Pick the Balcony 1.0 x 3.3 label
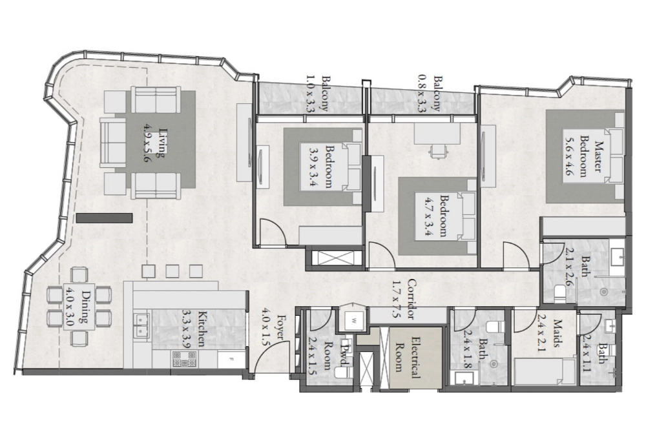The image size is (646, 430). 318,94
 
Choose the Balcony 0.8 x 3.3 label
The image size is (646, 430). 430,93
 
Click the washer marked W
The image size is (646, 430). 353,320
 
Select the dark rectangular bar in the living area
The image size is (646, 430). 104,218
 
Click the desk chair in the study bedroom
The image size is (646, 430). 438,150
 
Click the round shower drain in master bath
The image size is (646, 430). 604,292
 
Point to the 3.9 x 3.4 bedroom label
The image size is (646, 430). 322,166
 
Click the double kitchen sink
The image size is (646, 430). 141,324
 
